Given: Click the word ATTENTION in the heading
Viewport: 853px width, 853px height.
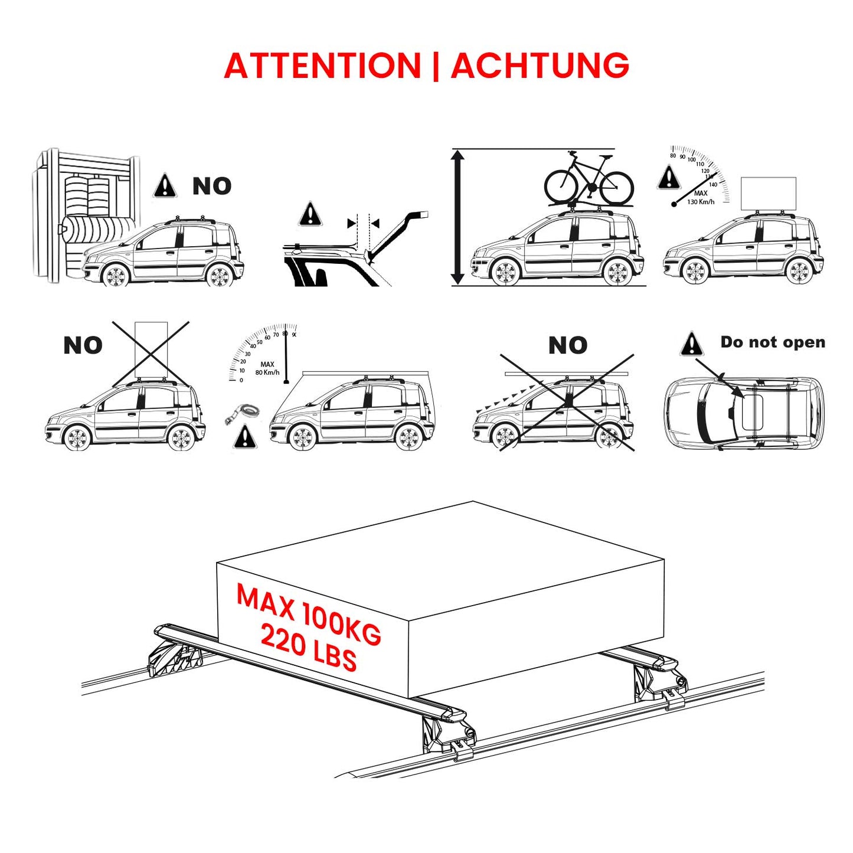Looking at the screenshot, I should click(322, 65).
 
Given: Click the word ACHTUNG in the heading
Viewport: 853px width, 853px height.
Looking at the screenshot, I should click(540, 65).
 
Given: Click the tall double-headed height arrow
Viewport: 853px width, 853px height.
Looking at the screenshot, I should click(458, 217).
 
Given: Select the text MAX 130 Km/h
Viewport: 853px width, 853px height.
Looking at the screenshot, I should click(700, 198).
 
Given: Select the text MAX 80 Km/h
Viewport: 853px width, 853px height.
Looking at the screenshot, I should click(267, 368).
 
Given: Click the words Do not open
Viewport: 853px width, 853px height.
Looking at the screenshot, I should click(772, 342).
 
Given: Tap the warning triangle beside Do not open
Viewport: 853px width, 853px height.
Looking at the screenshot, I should click(691, 344).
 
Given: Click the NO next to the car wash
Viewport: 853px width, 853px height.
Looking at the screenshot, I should click(211, 187).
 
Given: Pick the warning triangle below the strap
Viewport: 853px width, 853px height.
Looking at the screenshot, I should click(245, 437).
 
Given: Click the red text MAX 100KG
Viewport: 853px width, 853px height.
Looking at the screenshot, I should click(308, 614).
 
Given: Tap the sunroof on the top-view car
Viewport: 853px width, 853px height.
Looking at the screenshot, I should click(752, 412).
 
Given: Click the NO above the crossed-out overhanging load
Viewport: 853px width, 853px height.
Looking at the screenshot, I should click(567, 345).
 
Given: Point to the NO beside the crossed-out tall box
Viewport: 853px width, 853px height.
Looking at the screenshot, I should click(83, 345).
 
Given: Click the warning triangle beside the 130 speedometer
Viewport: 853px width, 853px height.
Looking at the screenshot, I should click(669, 178).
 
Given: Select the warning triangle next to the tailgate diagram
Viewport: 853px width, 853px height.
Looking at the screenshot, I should click(310, 214).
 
